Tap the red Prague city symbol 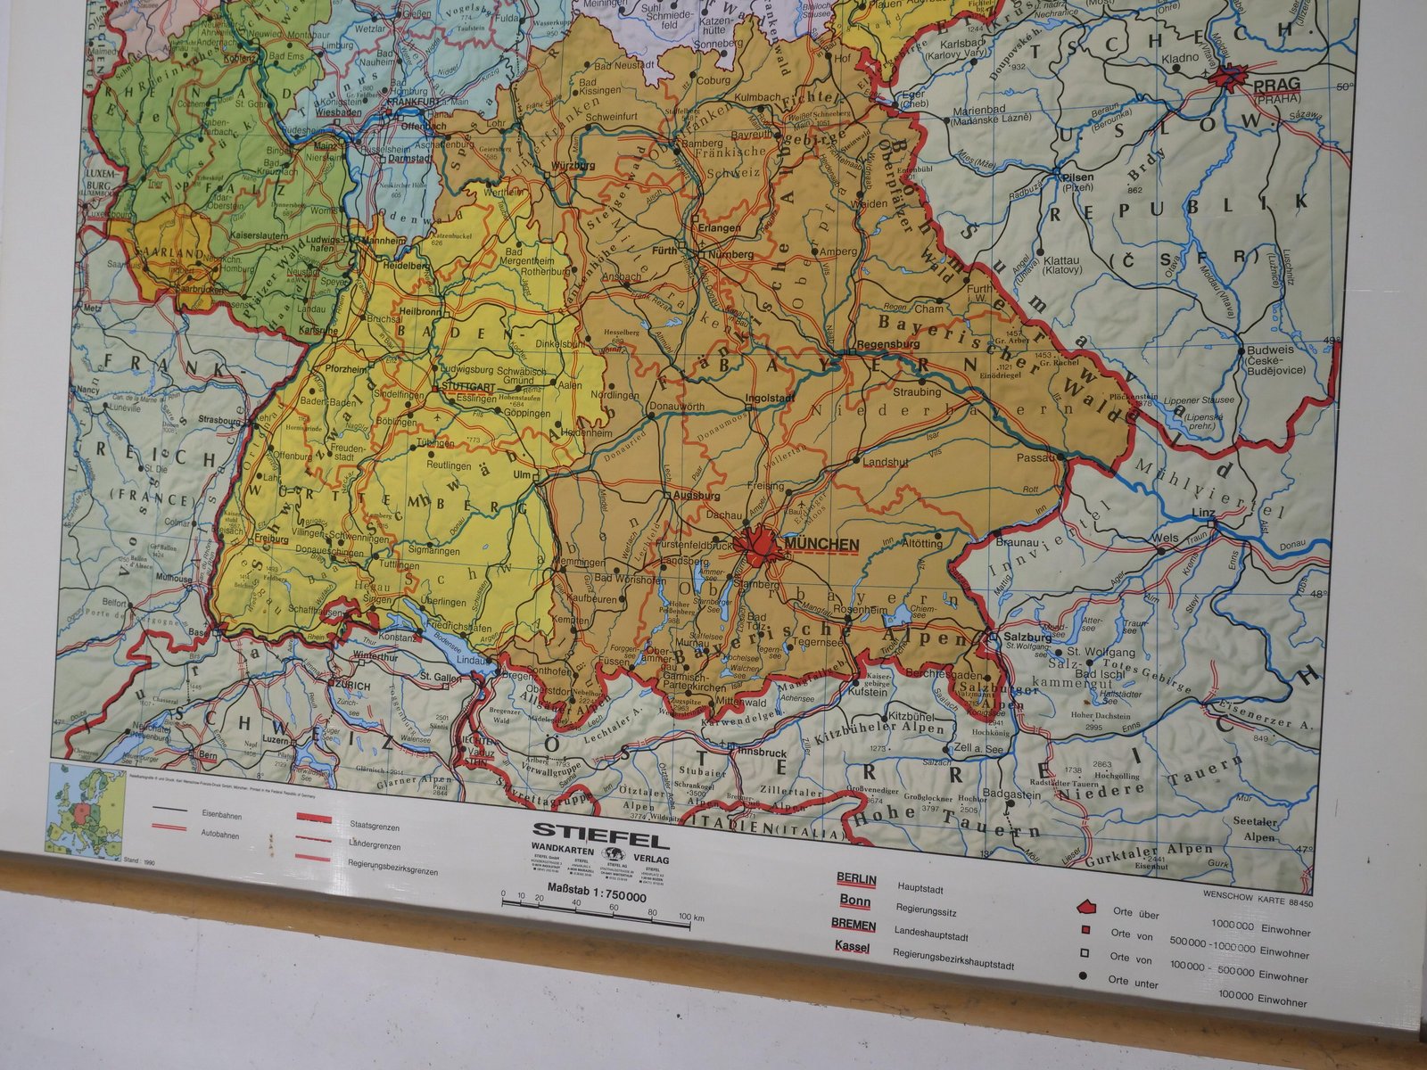point(1235,78)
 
